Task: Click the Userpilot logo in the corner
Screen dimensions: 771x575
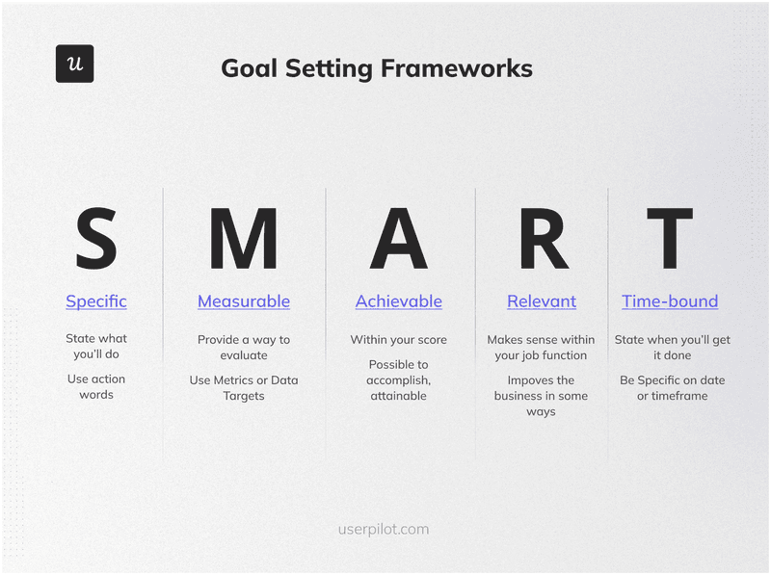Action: point(74,64)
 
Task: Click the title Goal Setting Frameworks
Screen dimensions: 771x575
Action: point(376,68)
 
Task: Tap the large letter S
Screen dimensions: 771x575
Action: point(96,240)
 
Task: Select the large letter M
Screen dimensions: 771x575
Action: point(243,240)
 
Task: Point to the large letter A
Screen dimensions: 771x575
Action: point(398,240)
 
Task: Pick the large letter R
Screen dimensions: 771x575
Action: point(543,240)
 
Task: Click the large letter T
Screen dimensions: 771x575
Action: point(670,240)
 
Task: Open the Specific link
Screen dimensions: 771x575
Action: point(96,301)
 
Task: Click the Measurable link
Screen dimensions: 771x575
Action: point(244,301)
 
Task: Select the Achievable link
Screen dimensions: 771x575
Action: point(399,301)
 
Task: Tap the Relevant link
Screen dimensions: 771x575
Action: point(542,301)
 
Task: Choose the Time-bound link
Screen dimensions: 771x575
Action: point(670,301)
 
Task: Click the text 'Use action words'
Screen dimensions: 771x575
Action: point(96,386)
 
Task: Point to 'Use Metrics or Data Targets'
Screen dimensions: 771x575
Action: point(244,388)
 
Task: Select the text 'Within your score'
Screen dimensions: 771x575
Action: point(399,340)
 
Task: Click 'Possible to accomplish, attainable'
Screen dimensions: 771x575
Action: point(399,379)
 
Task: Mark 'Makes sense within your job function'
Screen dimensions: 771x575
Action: point(541,348)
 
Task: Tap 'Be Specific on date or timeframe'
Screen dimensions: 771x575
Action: point(672,388)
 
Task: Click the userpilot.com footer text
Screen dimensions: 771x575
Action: point(384,529)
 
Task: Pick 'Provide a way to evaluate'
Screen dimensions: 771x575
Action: point(244,348)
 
